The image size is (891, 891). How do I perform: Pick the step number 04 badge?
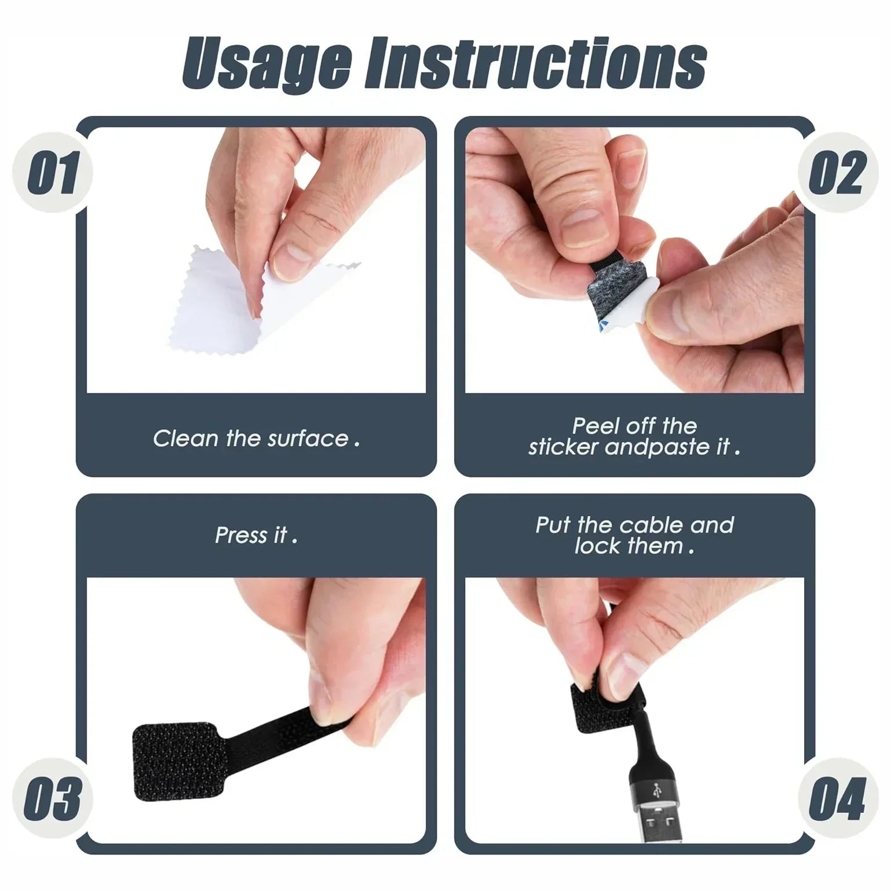click(x=837, y=798)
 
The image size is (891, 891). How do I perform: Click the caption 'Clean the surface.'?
click(x=256, y=439)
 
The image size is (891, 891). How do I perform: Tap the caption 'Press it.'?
click(x=256, y=535)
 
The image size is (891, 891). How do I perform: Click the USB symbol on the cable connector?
click(x=656, y=791)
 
